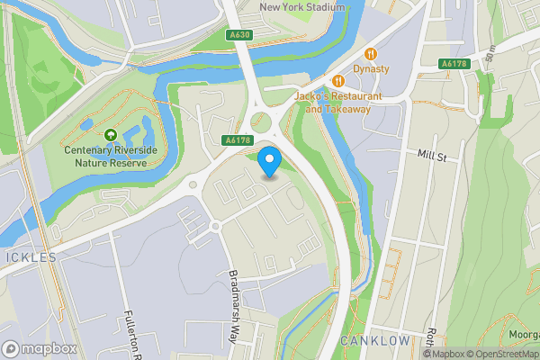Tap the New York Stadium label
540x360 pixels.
tap(301, 7)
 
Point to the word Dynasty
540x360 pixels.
tap(370, 68)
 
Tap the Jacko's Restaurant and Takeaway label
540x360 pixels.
tap(337, 103)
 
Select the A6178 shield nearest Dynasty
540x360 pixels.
tap(455, 62)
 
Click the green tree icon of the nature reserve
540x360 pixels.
tap(110, 135)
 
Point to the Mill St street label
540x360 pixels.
tap(432, 156)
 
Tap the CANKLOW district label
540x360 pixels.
tap(375, 341)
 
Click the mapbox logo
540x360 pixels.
tap(40, 348)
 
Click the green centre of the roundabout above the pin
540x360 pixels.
tap(261, 122)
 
